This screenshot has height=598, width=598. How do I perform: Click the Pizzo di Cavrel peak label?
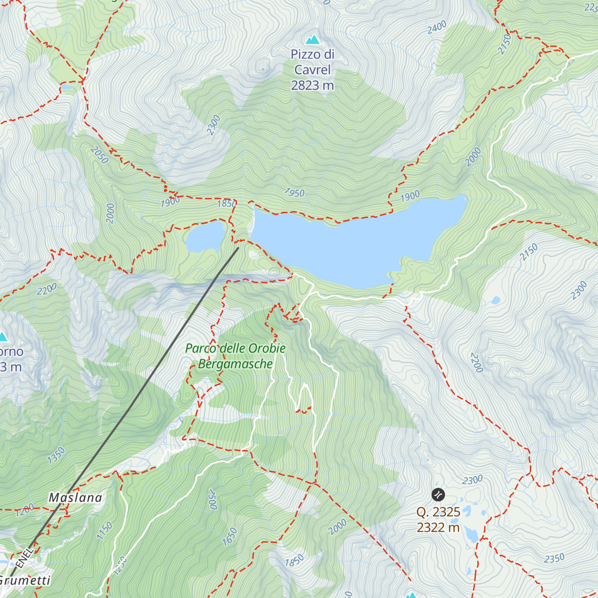pos(312,62)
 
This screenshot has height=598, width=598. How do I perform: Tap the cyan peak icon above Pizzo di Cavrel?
pos(312,39)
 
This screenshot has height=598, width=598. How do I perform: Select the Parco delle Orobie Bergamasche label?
pos(235,356)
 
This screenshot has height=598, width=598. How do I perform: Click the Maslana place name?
pos(75,497)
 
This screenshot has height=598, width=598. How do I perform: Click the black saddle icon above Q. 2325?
pos(438,494)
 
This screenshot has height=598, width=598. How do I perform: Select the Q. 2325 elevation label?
pos(439,512)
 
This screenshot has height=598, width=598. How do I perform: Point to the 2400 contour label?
pos(437,28)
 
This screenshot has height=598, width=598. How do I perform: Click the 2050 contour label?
pos(100,155)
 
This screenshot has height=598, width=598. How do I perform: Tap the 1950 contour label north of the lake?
pos(294,193)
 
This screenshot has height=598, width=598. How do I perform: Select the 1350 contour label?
pos(56,455)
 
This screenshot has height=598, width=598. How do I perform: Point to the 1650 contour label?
pos(230,537)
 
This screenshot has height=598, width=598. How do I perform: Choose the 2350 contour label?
pos(554,558)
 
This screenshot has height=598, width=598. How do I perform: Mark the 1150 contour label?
pos(105,531)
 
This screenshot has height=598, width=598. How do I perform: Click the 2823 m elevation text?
pos(312,86)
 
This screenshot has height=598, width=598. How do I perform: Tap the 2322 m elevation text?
pos(439,527)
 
